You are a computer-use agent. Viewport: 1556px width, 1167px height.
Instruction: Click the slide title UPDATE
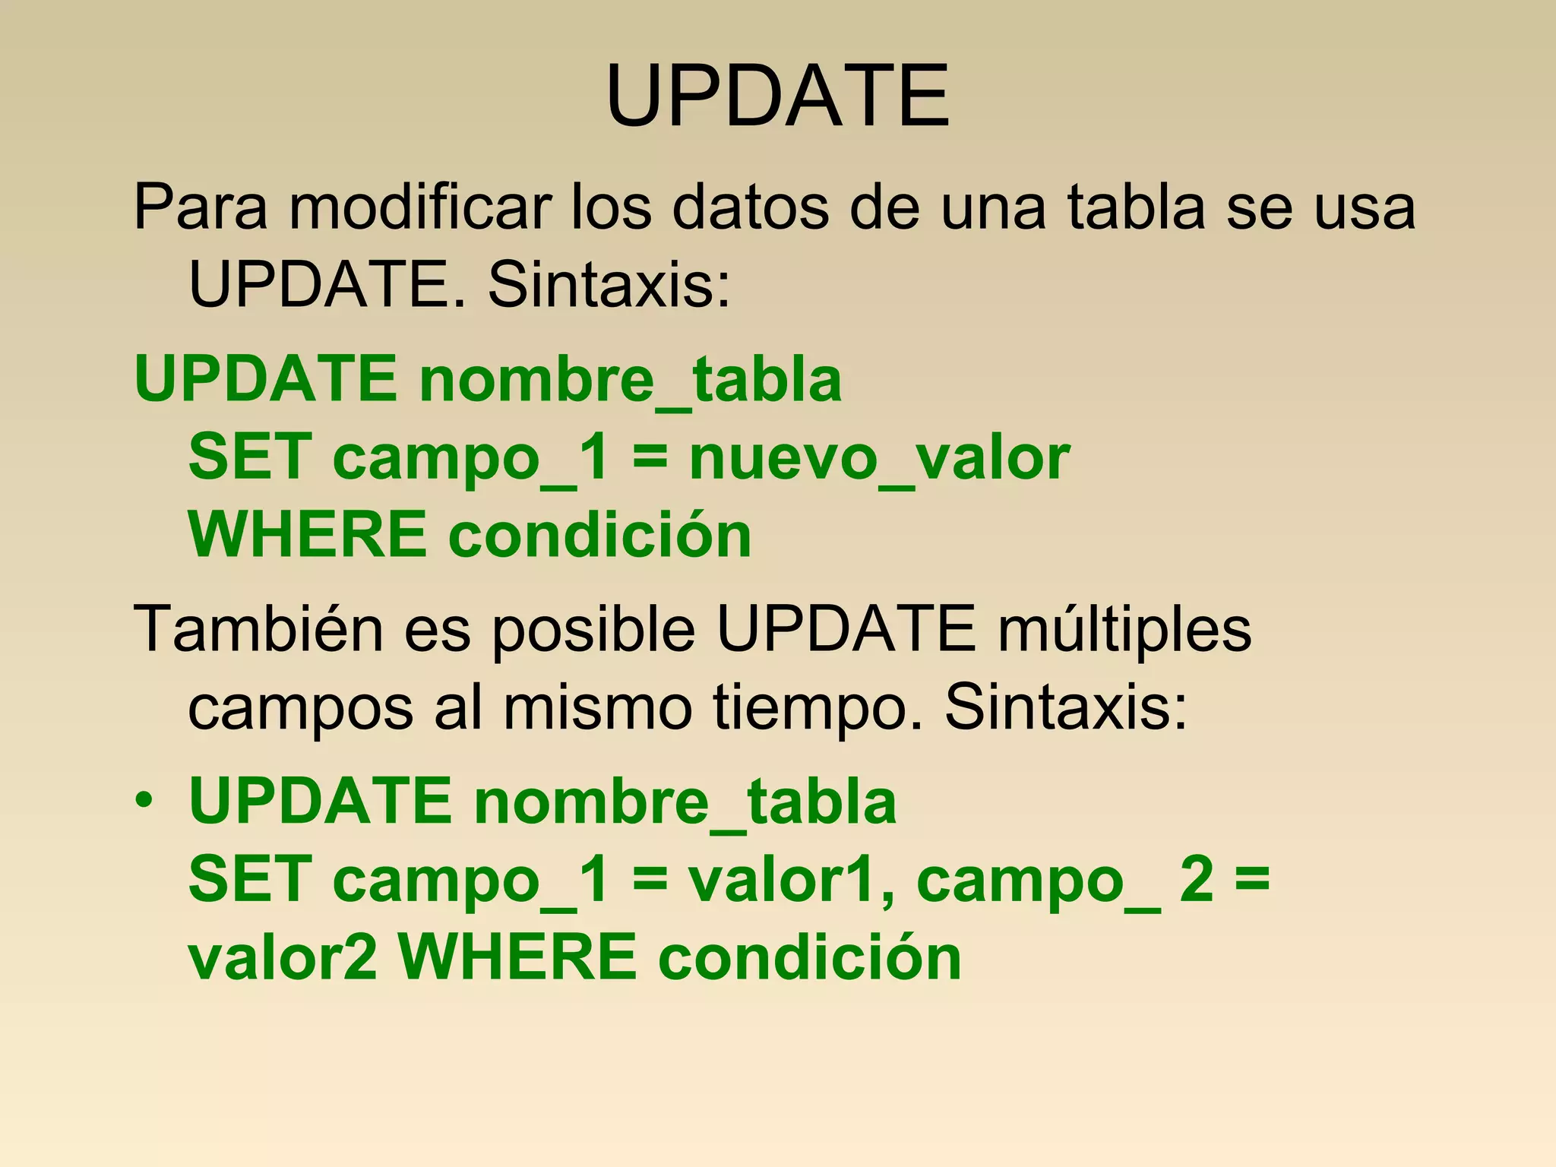777,96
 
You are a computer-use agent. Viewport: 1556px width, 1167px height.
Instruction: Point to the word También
258,629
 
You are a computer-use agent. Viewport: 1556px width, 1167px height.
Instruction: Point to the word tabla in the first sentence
1137,207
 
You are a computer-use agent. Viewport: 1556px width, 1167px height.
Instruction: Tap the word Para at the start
201,207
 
